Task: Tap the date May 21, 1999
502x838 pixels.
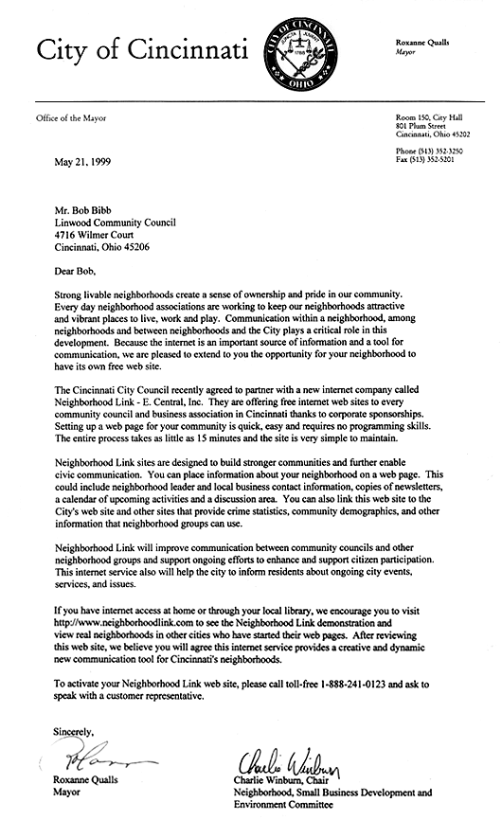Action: pyautogui.click(x=82, y=162)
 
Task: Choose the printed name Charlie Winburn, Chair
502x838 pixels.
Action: pyautogui.click(x=288, y=781)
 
